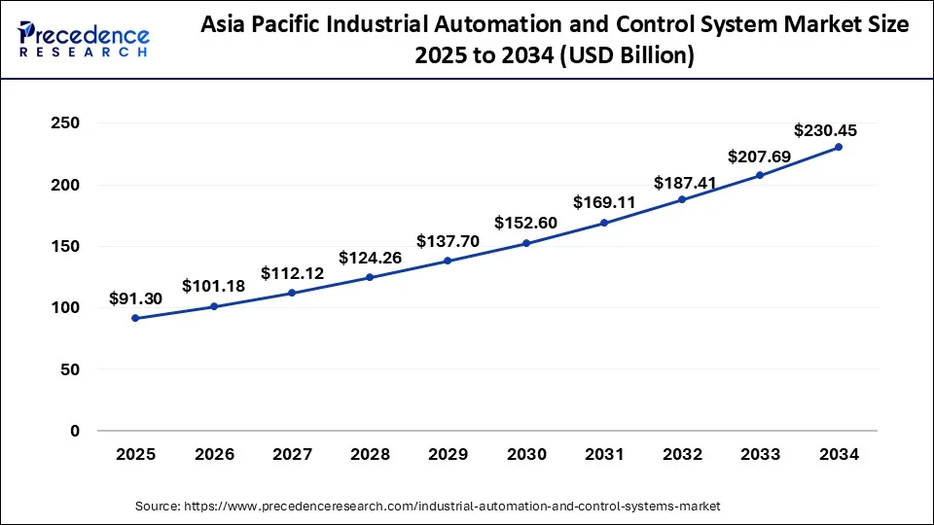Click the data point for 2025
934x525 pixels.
point(135,318)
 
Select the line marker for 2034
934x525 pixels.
point(839,147)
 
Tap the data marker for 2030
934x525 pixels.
point(526,243)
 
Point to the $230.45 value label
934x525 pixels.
point(825,129)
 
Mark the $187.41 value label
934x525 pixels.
point(682,183)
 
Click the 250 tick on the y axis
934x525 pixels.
point(65,123)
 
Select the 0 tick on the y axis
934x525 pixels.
point(74,431)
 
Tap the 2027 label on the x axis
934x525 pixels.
point(292,454)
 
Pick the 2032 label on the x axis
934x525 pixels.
point(682,454)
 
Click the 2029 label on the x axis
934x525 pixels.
point(448,454)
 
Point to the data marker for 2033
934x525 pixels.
point(760,175)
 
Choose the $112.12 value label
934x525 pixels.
point(292,275)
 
